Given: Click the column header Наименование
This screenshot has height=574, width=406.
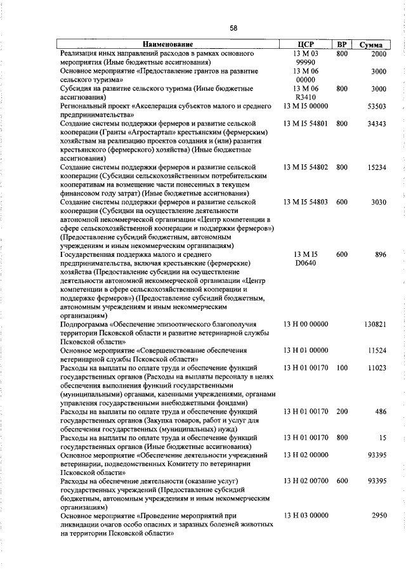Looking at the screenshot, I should (x=167, y=45).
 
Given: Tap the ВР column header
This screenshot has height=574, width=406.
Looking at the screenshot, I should (x=342, y=45).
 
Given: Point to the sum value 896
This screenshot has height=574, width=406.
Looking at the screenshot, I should (x=380, y=254).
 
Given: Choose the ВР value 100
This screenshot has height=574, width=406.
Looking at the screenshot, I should (x=342, y=368).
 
